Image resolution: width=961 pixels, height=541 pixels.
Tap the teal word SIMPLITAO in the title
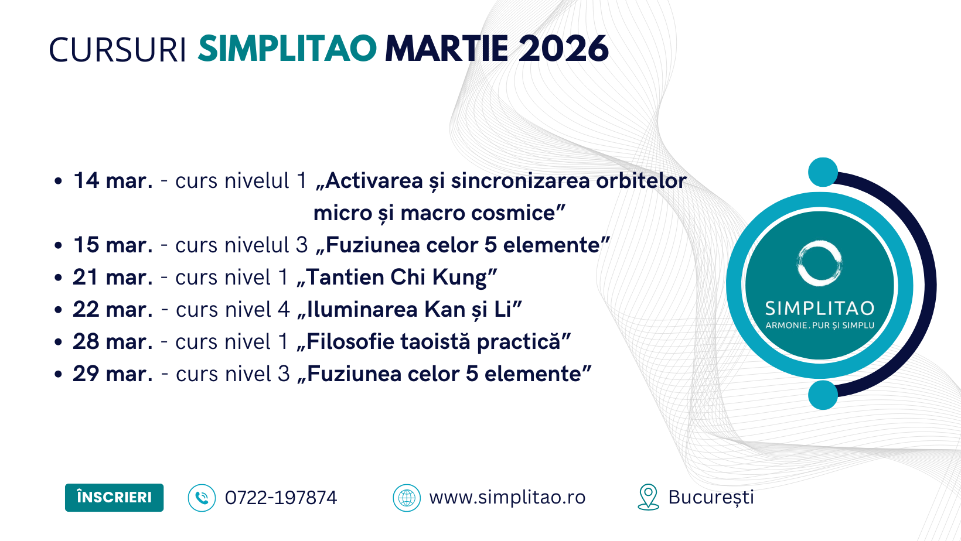coord(288,49)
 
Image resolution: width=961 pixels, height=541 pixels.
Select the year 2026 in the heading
coord(563,49)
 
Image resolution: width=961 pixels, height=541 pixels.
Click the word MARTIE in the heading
coord(447,49)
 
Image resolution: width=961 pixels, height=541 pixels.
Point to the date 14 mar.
coord(113,180)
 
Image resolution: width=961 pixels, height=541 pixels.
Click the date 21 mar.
coord(113,277)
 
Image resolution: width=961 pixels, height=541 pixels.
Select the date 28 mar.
coord(113,342)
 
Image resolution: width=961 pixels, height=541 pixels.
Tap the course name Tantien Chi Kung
coord(397,278)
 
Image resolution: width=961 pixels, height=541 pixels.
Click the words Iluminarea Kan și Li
coord(409,310)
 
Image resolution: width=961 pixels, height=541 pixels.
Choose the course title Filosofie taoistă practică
coord(434,342)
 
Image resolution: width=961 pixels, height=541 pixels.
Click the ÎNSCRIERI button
coord(114,497)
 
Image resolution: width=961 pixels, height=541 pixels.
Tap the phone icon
coord(202,498)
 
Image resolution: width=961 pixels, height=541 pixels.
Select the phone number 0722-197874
coord(281,498)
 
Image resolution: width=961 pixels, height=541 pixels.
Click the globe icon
coord(407,498)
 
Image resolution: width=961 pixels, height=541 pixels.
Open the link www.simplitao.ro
coord(507,497)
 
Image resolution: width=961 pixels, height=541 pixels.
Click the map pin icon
coord(648,497)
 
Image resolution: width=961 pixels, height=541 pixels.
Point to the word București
coord(711,498)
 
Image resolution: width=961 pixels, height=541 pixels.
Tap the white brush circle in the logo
coord(819,242)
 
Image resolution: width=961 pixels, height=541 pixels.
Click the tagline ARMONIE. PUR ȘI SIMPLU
coord(820,326)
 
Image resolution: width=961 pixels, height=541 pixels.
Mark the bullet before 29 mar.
coord(59,374)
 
